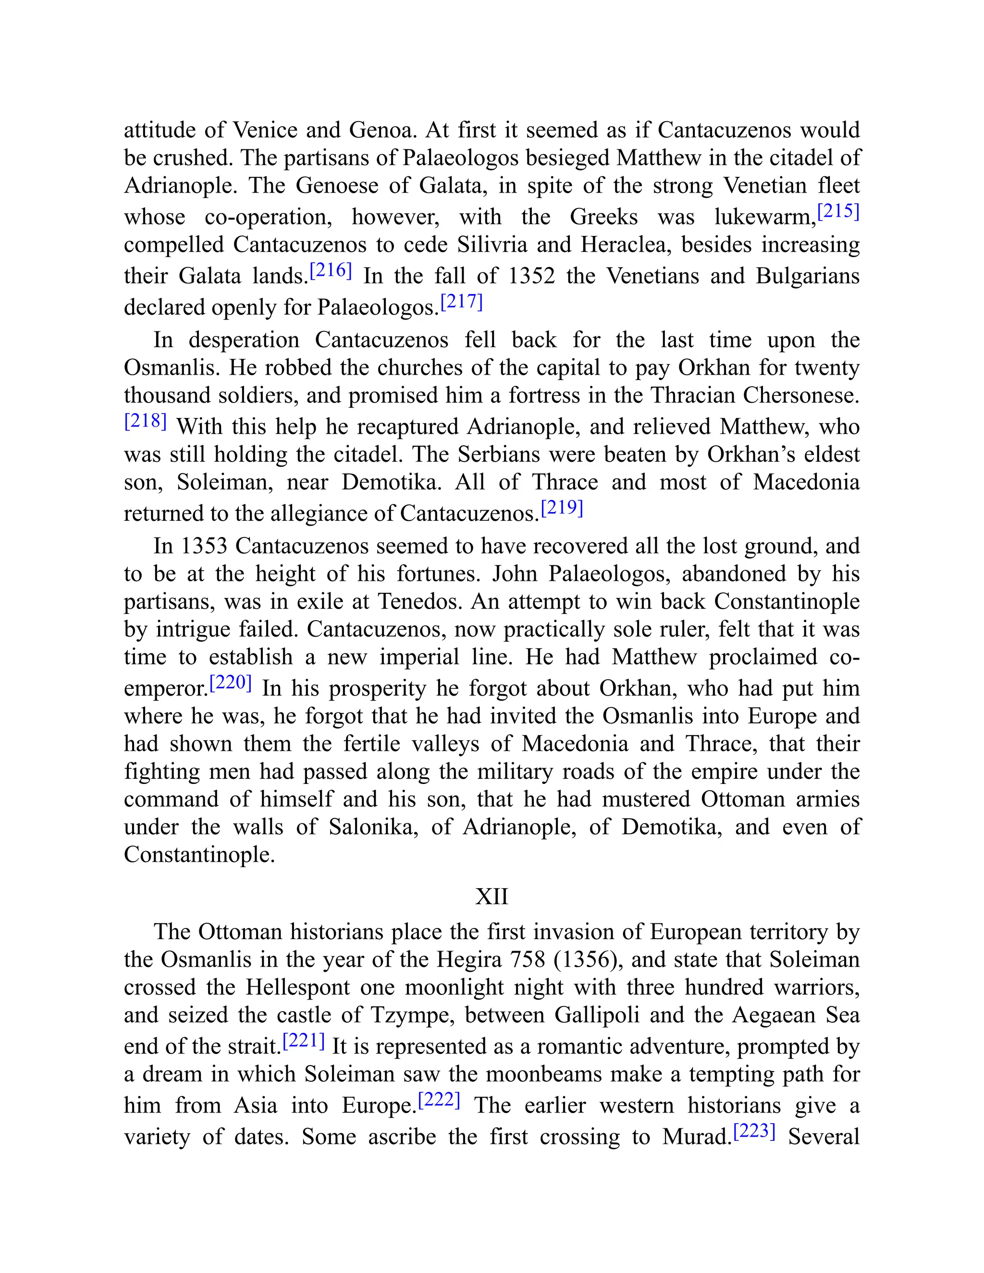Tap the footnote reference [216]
tap(331, 270)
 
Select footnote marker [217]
tap(462, 302)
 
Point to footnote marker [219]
tap(562, 508)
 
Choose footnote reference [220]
tap(230, 683)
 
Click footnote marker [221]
tap(304, 1040)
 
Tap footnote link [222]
tap(440, 1100)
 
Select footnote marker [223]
tap(754, 1131)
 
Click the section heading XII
tap(492, 896)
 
